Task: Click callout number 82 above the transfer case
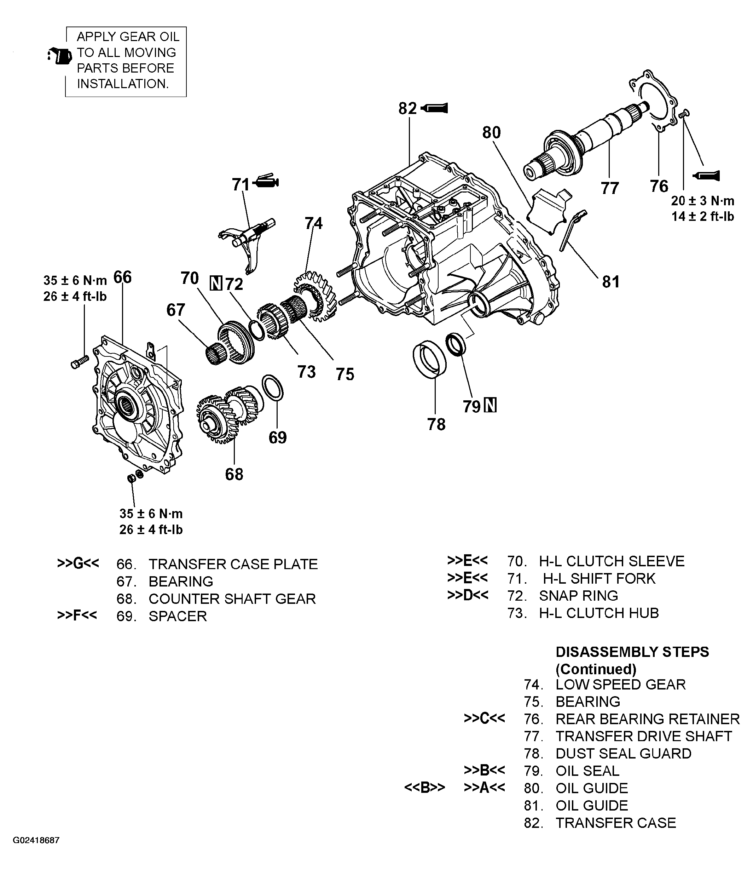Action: [407, 109]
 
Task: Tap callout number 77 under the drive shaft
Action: [610, 188]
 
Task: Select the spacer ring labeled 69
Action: [272, 388]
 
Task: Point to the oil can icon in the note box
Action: [60, 56]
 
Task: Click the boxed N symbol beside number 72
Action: [215, 284]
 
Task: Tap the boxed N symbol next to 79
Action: [490, 405]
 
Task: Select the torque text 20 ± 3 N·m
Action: [702, 201]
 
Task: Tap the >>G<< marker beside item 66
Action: [78, 563]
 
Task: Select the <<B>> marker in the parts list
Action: [424, 787]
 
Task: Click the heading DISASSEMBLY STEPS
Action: [632, 652]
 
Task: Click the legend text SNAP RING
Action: [579, 595]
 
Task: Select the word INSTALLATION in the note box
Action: [123, 84]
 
